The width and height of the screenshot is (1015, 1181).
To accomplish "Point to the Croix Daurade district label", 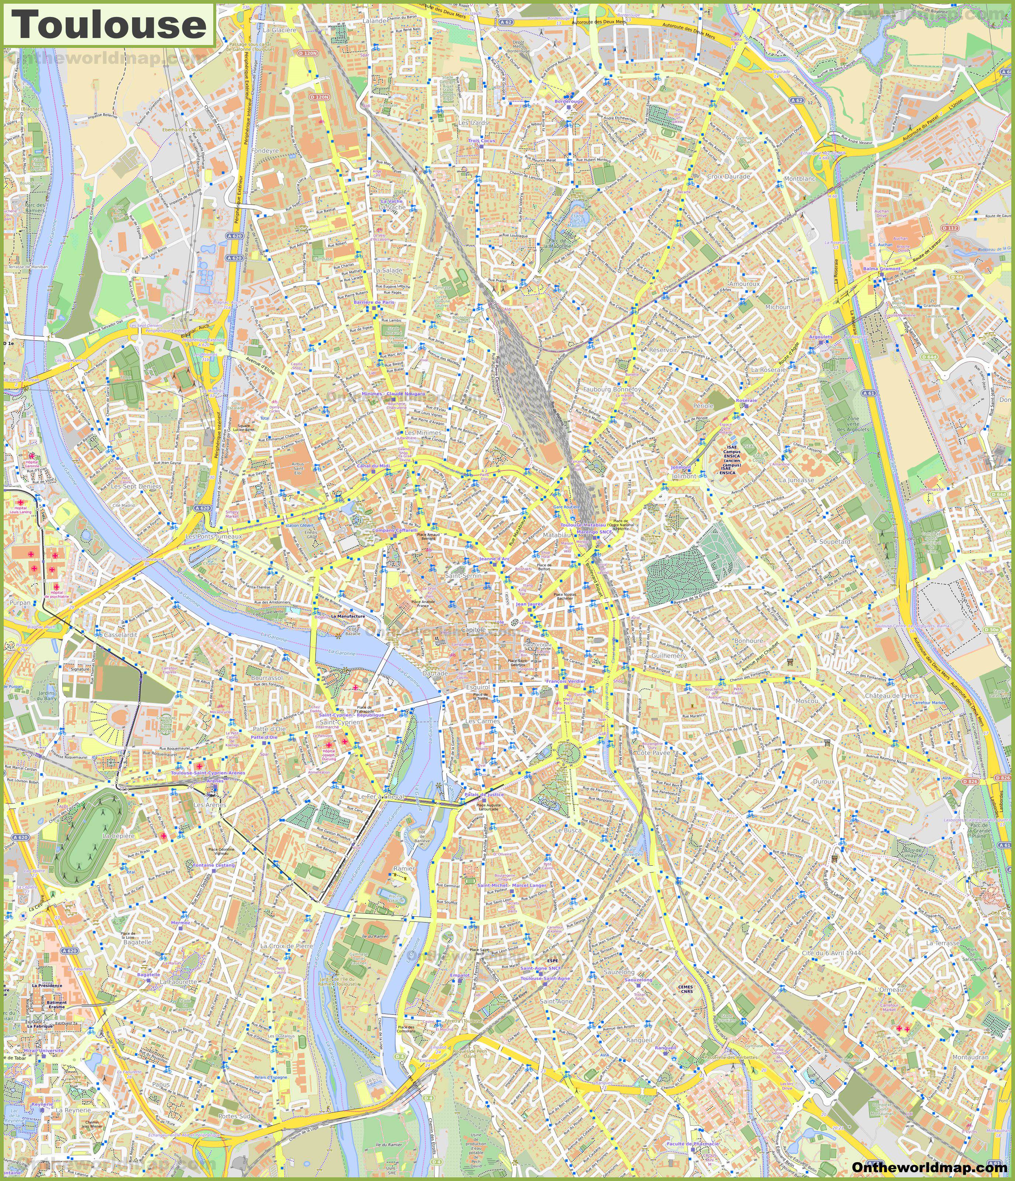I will click(728, 177).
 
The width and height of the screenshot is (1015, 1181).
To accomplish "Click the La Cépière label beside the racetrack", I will click(118, 836).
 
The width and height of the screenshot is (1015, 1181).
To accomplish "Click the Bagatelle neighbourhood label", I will click(137, 942).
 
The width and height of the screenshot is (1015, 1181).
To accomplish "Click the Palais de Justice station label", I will click(484, 794).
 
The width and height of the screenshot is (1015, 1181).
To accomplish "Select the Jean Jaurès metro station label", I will click(529, 604).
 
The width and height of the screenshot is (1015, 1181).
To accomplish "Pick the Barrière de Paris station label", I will click(374, 302).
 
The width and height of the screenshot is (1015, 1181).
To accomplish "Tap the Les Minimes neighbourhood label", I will click(423, 433).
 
